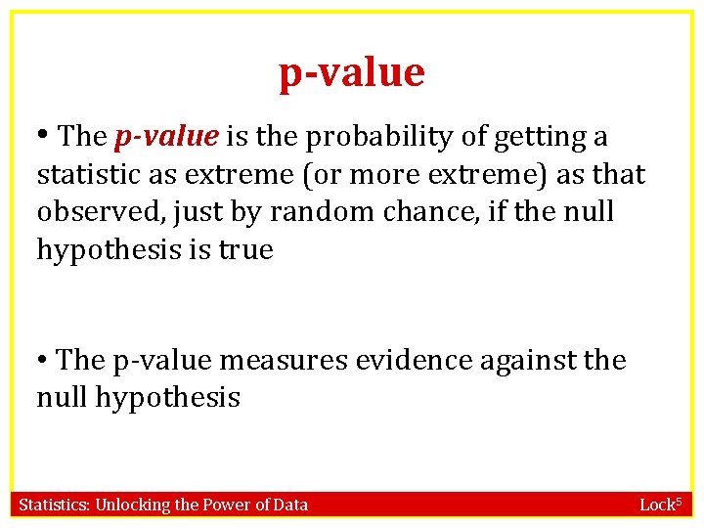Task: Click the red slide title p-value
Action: click(352, 73)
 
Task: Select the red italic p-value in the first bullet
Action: click(165, 138)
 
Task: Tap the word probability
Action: click(374, 138)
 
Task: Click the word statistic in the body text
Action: click(82, 175)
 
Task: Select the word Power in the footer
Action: click(224, 505)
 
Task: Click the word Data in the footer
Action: click(290, 505)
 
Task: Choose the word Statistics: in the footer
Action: click(54, 505)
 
